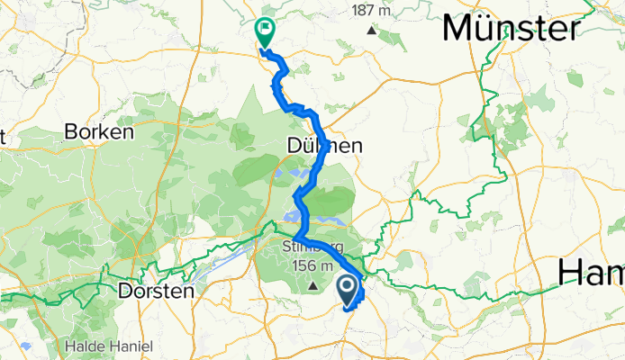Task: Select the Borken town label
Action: (x=99, y=132)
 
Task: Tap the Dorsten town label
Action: (x=156, y=291)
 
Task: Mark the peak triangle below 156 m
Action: (x=313, y=285)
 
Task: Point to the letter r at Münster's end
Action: (x=570, y=31)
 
